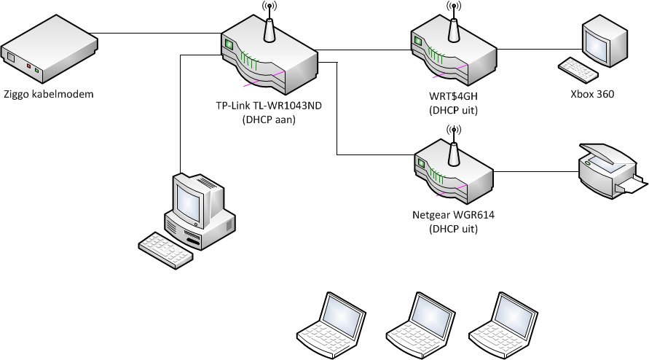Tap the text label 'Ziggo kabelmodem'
49,94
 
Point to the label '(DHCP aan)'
269,121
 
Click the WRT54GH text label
453,97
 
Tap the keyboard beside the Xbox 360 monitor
578,69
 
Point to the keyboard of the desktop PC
166,247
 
